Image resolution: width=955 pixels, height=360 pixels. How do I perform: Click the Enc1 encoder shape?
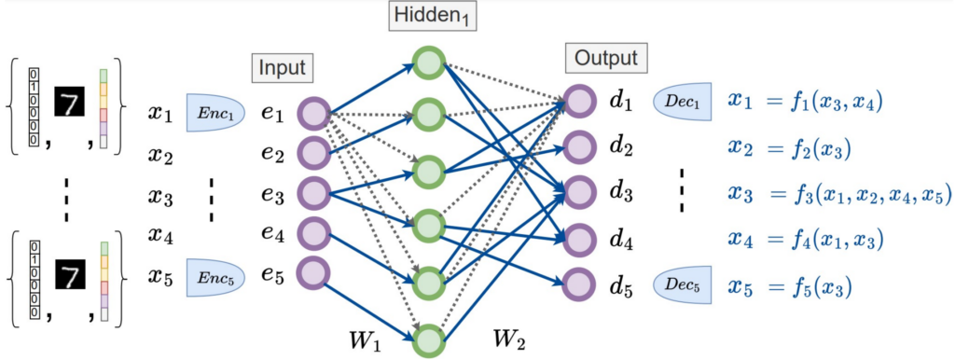214,113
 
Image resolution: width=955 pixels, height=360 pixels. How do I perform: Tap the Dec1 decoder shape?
682,100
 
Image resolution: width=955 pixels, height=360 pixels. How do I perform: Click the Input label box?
281,68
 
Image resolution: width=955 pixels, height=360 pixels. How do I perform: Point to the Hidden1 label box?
429,16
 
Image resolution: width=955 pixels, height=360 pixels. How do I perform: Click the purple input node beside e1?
312,115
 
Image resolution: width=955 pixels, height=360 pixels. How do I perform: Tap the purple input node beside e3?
312,194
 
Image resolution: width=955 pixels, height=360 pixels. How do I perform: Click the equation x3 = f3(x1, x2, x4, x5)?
838,194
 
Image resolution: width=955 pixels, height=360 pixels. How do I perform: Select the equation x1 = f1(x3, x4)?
804,100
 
